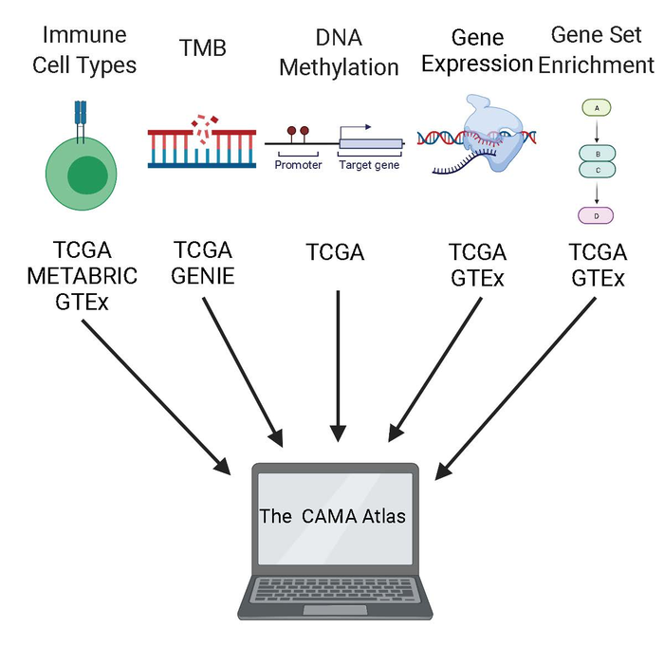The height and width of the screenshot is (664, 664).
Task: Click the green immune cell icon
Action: pyautogui.click(x=86, y=175)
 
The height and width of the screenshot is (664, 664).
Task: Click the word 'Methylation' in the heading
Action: pyautogui.click(x=339, y=67)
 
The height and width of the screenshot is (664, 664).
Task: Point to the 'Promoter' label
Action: pyautogui.click(x=298, y=165)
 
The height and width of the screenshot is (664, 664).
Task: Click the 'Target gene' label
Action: pyautogui.click(x=369, y=165)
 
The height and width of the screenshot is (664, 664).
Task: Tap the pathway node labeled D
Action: pyautogui.click(x=596, y=215)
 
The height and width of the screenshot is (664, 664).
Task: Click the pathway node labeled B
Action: pyautogui.click(x=596, y=153)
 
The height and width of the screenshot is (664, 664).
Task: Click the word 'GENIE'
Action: pyautogui.click(x=203, y=276)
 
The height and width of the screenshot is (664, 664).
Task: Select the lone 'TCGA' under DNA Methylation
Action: pyautogui.click(x=335, y=253)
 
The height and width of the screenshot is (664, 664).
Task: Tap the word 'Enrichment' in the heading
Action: pyautogui.click(x=596, y=65)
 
